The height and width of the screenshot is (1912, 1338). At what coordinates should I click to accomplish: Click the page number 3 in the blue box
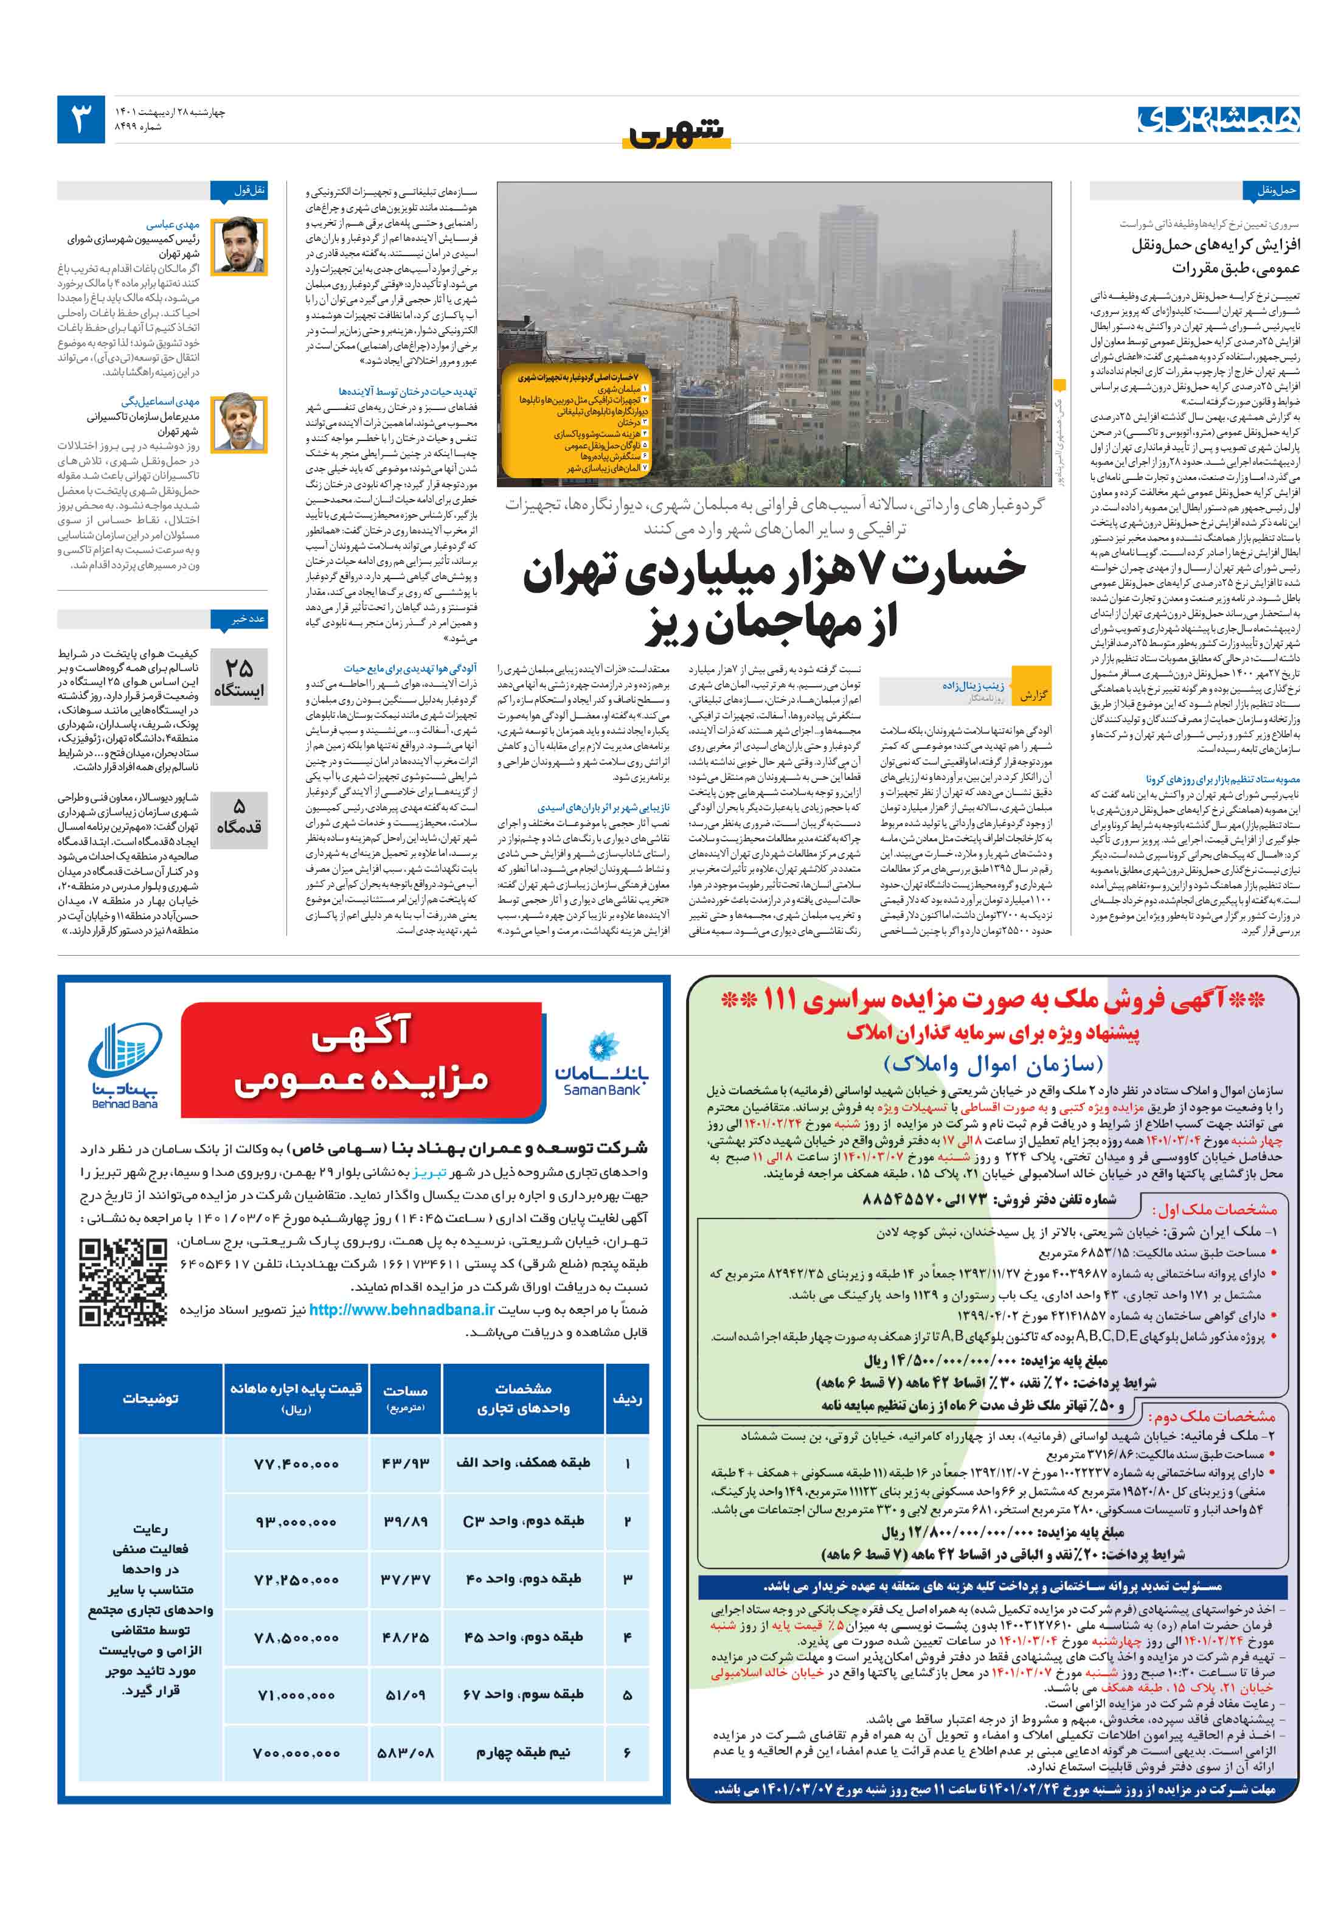point(81,119)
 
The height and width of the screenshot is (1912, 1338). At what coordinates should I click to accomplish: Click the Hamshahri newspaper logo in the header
point(1218,119)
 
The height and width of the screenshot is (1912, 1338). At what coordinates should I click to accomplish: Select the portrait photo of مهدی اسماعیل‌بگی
point(239,422)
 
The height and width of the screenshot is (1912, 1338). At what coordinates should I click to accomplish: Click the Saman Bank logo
point(601,1066)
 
